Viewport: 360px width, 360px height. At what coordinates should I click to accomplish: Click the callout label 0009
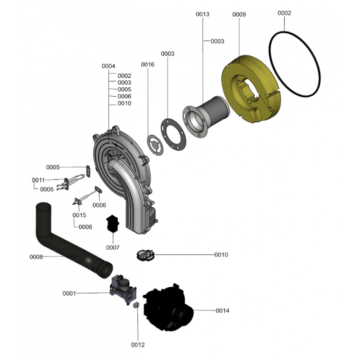click(239, 14)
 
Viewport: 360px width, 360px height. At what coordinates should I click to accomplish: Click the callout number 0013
click(202, 14)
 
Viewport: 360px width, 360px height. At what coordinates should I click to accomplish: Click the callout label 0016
click(148, 64)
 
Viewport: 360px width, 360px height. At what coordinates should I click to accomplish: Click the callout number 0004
click(108, 66)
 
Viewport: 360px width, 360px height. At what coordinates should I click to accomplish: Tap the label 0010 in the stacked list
click(124, 103)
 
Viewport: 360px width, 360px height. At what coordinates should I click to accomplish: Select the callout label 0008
click(36, 257)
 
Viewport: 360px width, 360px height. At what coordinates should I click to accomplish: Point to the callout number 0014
click(222, 310)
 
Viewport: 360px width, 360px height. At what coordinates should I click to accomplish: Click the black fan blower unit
click(166, 306)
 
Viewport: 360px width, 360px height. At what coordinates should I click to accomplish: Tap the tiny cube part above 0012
click(134, 305)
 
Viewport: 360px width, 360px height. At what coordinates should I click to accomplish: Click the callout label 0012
click(138, 345)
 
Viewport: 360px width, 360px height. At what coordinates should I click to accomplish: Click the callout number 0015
click(79, 215)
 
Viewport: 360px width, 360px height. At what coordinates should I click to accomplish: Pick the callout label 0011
click(38, 180)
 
